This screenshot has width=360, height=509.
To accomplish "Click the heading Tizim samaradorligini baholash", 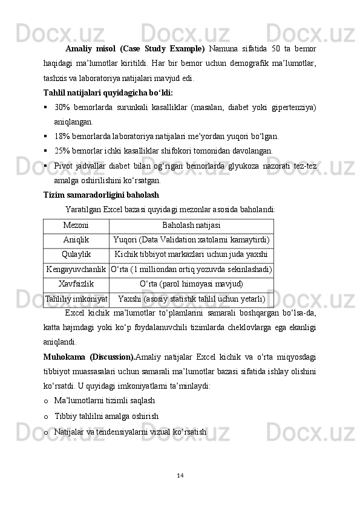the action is tap(101, 195).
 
